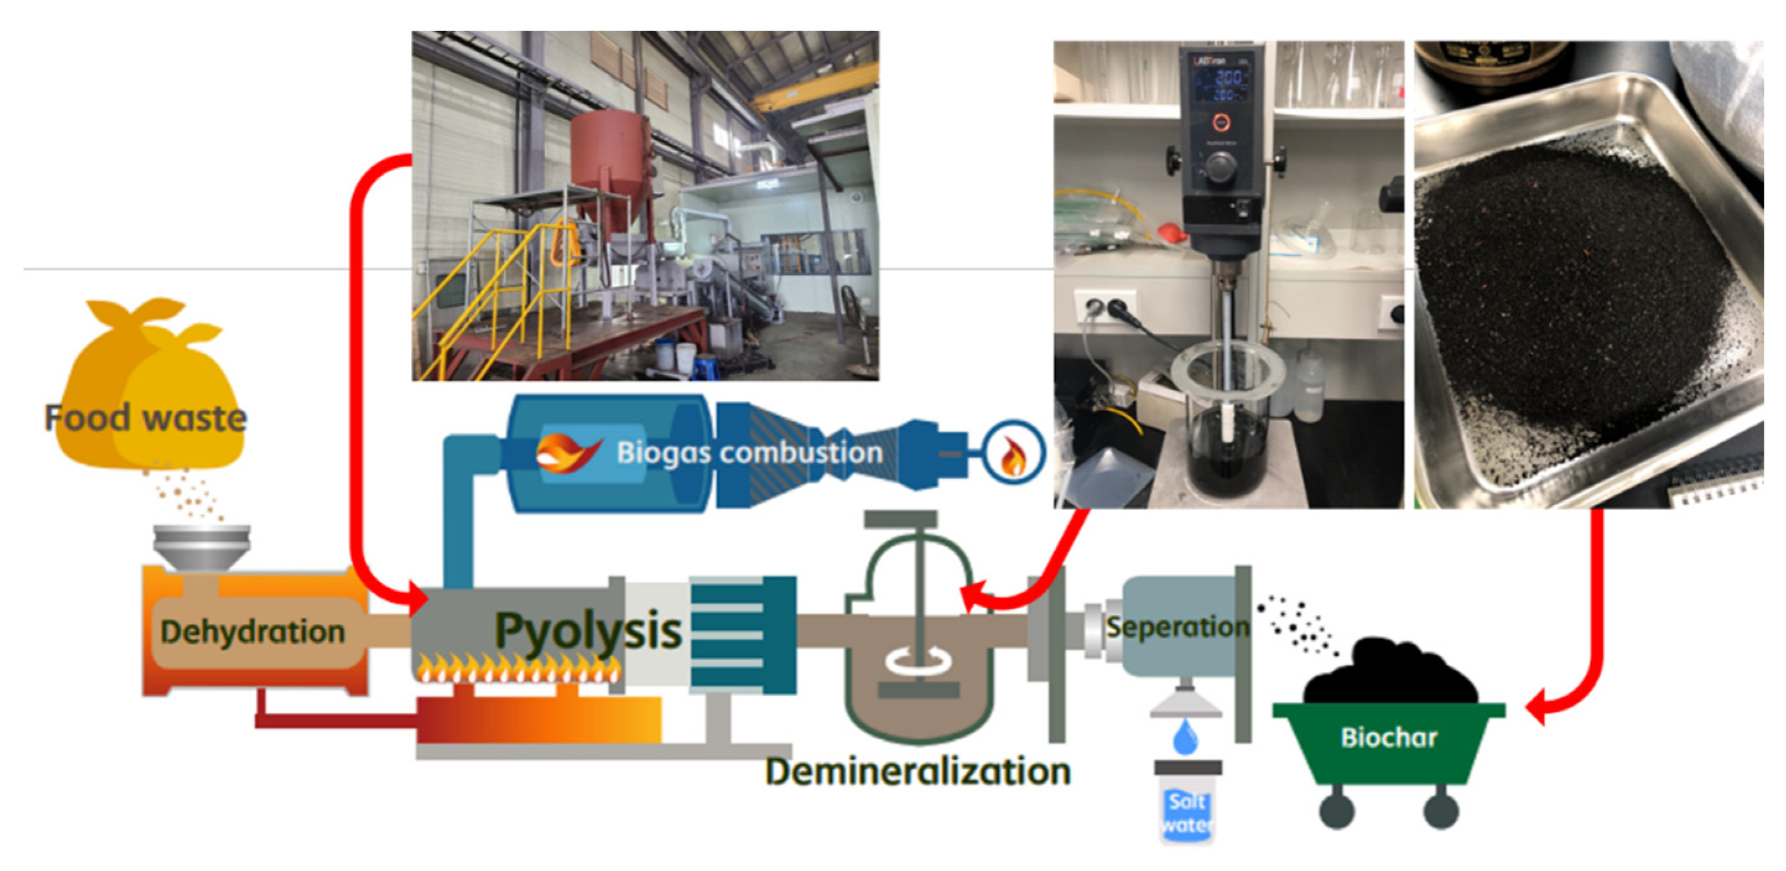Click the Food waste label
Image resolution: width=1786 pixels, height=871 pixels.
click(x=145, y=418)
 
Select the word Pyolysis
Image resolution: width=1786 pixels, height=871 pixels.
click(x=588, y=631)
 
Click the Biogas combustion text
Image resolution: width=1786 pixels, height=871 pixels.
click(x=749, y=453)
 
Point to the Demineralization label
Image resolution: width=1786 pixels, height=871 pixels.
click(x=918, y=771)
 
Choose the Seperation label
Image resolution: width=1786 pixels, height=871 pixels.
click(x=1176, y=627)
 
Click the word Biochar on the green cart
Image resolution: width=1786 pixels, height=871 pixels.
click(x=1389, y=737)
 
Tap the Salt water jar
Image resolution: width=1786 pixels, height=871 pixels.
click(x=1187, y=812)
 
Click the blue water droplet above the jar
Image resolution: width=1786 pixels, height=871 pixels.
click(x=1186, y=737)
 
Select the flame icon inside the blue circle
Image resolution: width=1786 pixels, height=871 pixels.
click(x=1014, y=455)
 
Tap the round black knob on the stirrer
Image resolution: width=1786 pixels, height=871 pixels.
click(x=1220, y=167)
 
